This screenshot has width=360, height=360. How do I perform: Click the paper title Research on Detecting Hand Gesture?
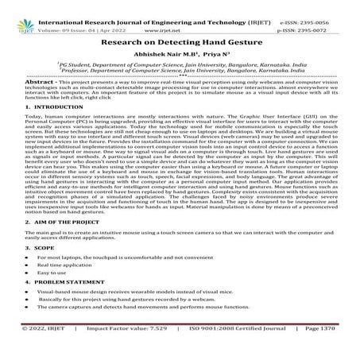179,38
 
